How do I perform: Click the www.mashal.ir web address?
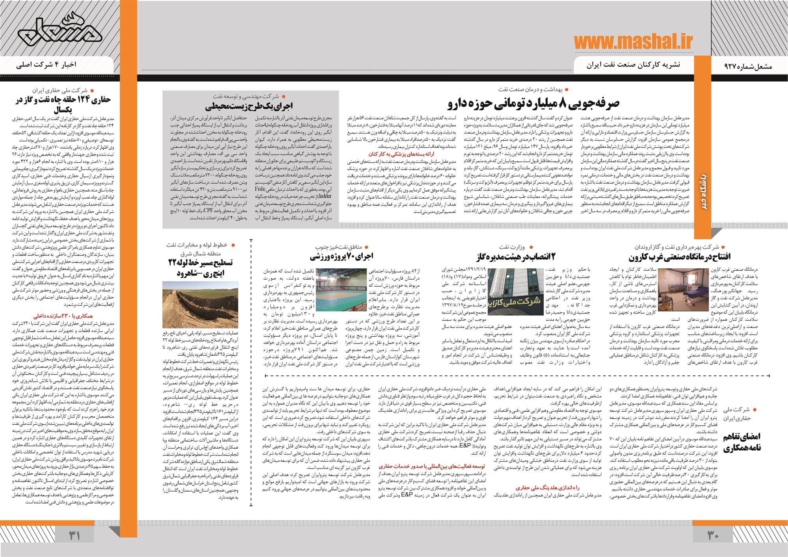coord(632,43)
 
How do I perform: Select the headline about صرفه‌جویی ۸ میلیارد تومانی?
coord(534,103)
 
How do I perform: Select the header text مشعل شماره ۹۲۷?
coord(750,67)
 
